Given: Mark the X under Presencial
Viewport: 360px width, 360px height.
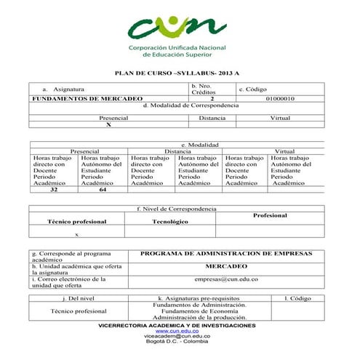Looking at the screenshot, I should click(x=108, y=124).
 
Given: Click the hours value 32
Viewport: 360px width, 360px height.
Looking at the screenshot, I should click(x=54, y=190).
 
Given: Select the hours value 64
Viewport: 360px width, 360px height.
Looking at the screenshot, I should click(x=103, y=190).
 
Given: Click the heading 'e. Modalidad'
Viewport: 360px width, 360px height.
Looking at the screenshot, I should click(x=199, y=145).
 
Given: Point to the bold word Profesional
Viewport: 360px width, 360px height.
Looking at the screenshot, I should click(x=270, y=215).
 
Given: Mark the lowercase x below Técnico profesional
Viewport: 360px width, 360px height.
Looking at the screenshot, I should click(x=77, y=234).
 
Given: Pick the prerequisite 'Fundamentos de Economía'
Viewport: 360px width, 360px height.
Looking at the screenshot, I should click(x=200, y=311).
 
